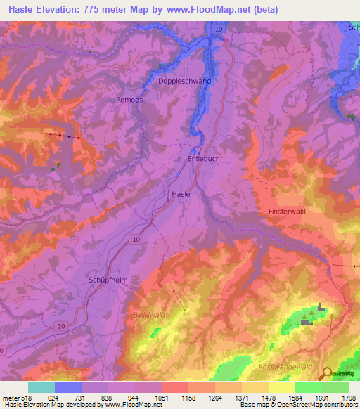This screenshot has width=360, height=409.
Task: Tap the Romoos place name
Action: click(x=129, y=100)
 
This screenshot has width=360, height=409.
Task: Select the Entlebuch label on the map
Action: click(x=202, y=160)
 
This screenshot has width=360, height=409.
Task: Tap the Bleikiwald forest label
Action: click(x=149, y=315)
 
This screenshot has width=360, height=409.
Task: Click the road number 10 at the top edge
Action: click(x=219, y=29)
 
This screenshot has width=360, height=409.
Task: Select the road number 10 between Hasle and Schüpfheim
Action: click(x=134, y=240)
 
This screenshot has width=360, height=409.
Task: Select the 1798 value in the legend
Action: click(x=349, y=398)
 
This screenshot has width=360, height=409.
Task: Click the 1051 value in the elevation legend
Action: click(x=161, y=398)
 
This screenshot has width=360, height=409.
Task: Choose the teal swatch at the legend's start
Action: click(x=41, y=387)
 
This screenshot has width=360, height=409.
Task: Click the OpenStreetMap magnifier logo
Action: click(x=326, y=374)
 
